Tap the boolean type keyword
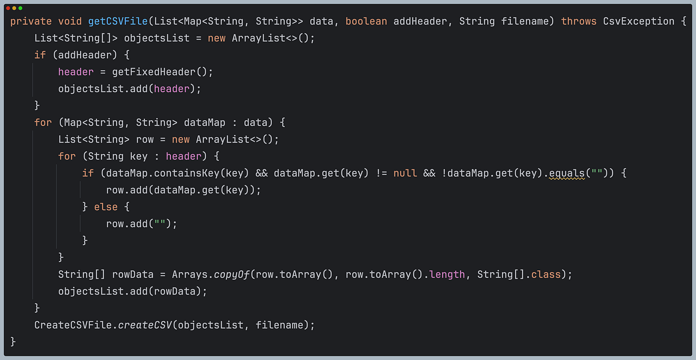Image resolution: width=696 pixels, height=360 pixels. click(367, 21)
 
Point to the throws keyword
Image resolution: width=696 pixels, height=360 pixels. click(579, 21)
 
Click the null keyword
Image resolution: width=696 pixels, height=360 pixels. click(405, 173)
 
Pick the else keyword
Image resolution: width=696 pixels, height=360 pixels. click(106, 207)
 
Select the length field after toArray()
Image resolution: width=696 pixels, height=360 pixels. click(447, 274)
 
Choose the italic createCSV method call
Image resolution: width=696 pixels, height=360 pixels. click(144, 325)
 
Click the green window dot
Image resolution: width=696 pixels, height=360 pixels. click(20, 8)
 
